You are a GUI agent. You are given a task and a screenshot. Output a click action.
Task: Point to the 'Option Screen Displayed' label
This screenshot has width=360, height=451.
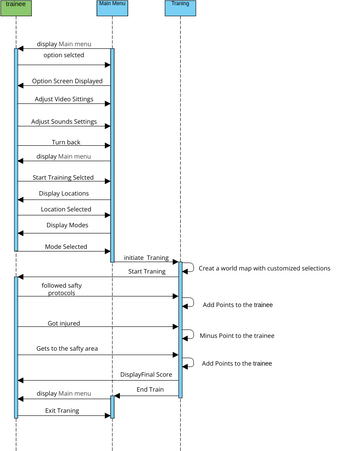coord(67,81)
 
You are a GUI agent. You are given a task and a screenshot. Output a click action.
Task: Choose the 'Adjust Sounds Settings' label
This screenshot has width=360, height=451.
coord(65,122)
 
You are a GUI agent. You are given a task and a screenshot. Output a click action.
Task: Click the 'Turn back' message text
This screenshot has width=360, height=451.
coord(66,142)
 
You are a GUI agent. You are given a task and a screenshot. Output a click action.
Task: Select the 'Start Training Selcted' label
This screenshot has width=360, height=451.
coord(64,177)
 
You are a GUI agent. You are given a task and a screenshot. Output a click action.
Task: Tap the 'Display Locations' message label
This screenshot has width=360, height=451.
coord(64,193)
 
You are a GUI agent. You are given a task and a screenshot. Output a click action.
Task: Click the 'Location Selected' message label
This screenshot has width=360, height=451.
coord(66,209)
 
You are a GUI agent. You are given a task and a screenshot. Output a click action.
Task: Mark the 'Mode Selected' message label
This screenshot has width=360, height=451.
coord(65,246)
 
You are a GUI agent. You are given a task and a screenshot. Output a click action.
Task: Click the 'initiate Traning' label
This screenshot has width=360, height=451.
coord(146,258)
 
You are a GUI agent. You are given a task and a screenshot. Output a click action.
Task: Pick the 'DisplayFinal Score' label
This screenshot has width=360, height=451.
coord(148,373)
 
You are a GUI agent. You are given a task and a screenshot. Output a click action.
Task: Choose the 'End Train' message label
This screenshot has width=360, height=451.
coord(149,389)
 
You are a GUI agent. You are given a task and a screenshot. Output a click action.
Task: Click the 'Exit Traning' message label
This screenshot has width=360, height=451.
coord(62,410)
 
